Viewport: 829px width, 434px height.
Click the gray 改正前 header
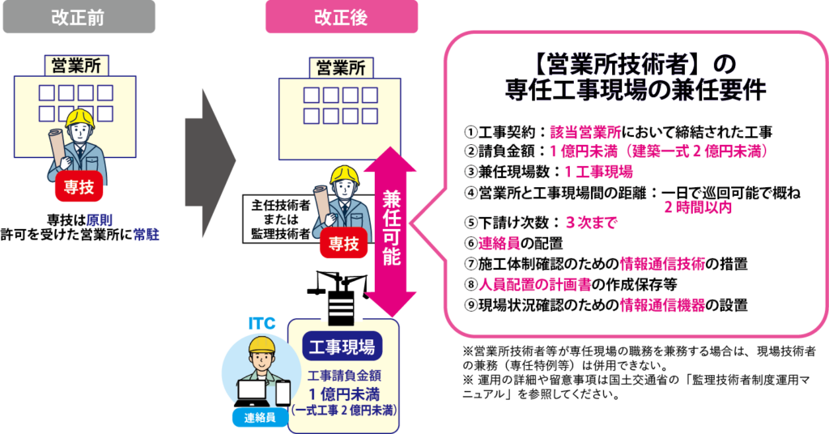79,17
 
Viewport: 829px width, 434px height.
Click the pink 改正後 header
341,17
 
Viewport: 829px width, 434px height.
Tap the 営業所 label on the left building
74,65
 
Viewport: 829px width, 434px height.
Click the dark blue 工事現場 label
342,347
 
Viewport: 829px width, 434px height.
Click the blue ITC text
262,324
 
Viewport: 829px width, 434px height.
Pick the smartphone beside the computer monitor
283,393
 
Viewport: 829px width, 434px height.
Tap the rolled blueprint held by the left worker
57,146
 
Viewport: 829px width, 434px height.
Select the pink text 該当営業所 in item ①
586,132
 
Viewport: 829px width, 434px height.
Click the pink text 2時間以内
698,207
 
